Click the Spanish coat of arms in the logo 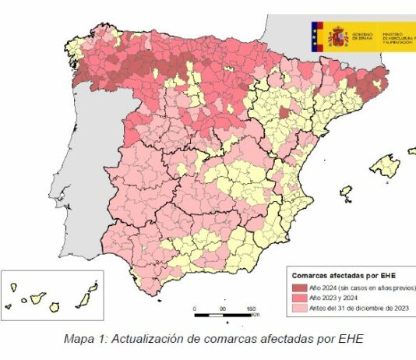point(337,35)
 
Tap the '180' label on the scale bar point(252,309)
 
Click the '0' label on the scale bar point(194,309)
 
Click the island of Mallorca point(385,166)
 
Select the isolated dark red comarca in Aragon point(285,114)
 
